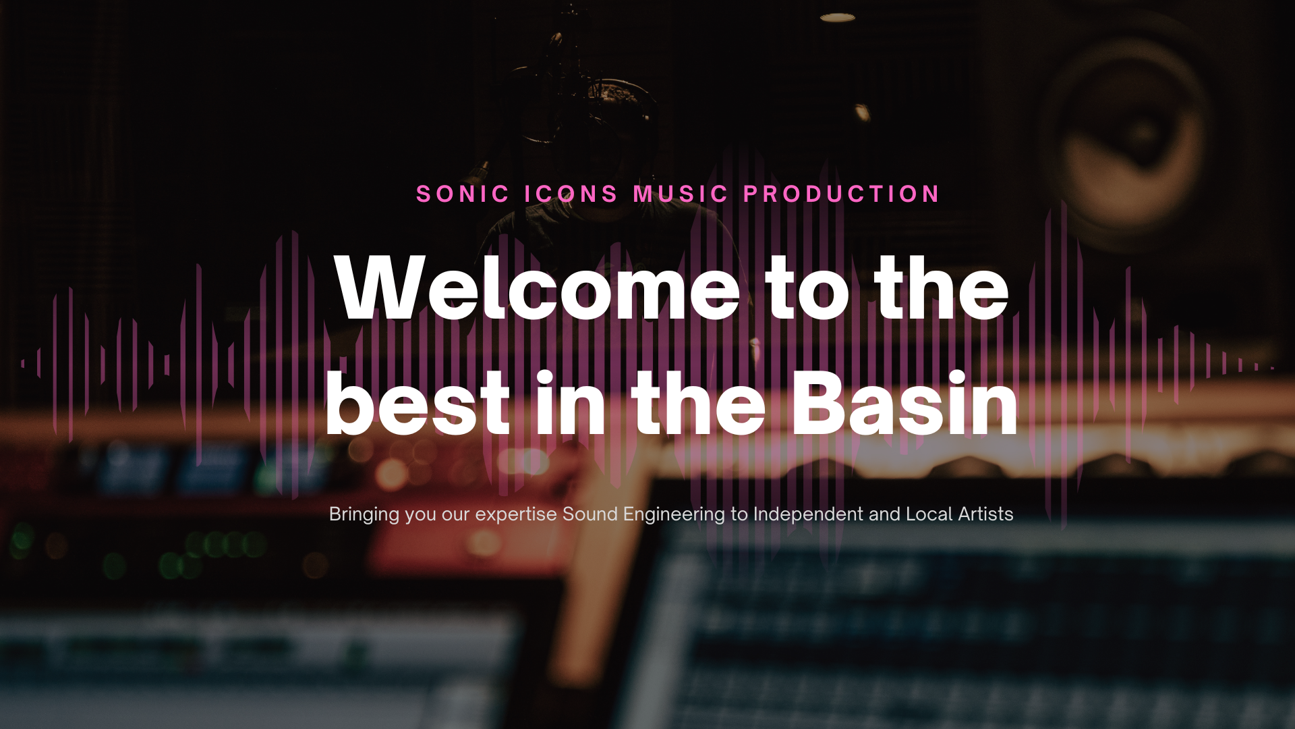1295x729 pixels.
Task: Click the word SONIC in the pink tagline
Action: pos(463,194)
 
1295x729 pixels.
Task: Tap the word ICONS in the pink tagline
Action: pos(571,194)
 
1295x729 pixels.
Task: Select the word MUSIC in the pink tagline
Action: pos(681,194)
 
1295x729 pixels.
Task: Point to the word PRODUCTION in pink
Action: pos(841,194)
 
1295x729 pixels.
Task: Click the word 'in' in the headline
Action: pos(571,403)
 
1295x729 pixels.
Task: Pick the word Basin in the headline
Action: pos(904,403)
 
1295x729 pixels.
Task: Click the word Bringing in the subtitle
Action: pos(364,515)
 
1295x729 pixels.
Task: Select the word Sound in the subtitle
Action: pos(590,514)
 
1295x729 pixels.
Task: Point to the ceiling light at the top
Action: pos(838,18)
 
